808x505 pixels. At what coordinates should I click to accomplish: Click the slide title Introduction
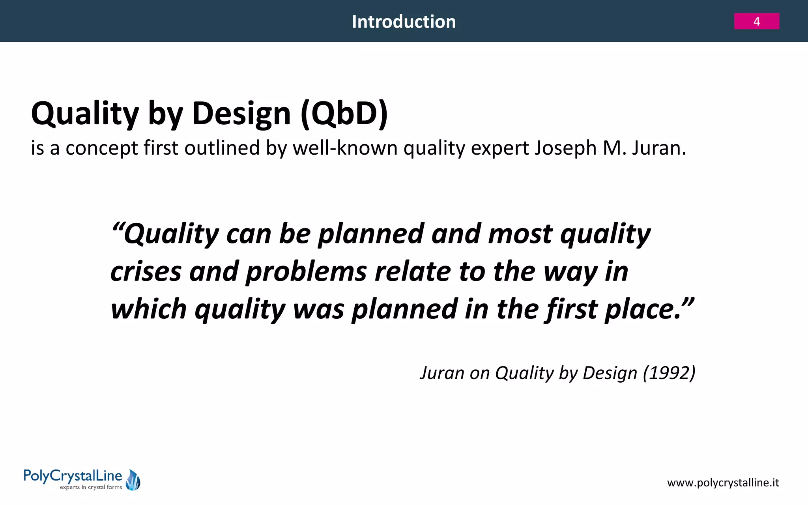click(x=404, y=22)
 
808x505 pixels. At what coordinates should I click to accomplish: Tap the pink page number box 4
click(x=756, y=21)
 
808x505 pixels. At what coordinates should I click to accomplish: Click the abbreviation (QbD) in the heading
click(x=344, y=114)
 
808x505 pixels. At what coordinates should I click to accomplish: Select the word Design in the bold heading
click(x=241, y=114)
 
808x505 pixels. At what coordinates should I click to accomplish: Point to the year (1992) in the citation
click(x=669, y=373)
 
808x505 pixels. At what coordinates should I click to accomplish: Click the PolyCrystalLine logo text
click(x=73, y=476)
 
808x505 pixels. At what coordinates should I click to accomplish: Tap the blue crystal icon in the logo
click(x=133, y=480)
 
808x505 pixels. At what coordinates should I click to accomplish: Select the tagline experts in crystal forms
click(x=91, y=488)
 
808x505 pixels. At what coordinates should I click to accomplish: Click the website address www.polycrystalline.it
click(x=723, y=483)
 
